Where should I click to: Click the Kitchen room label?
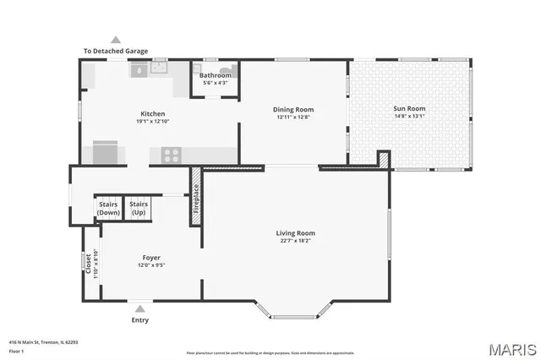[x=152, y=113]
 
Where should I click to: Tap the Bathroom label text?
[x=215, y=75]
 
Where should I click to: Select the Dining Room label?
[x=293, y=109]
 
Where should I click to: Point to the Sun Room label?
[x=409, y=108]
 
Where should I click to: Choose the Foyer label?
[x=151, y=258]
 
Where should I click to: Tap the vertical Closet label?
[x=88, y=263]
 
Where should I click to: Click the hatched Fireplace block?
[x=195, y=204]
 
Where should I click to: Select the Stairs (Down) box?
[x=108, y=208]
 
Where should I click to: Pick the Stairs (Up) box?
[x=139, y=208]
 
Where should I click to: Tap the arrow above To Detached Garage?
[x=115, y=40]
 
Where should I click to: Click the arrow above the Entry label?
[x=139, y=309]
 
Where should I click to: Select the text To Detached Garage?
[x=115, y=51]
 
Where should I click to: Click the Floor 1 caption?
[x=17, y=350]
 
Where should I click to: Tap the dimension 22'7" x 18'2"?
[x=295, y=241]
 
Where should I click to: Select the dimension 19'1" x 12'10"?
[x=152, y=122]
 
